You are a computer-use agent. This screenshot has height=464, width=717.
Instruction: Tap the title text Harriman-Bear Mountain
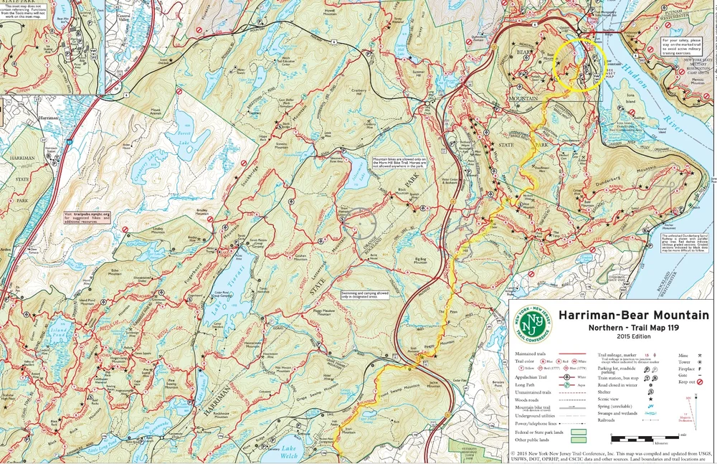(633, 316)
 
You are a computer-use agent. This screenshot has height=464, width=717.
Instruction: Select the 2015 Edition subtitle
(633, 337)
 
